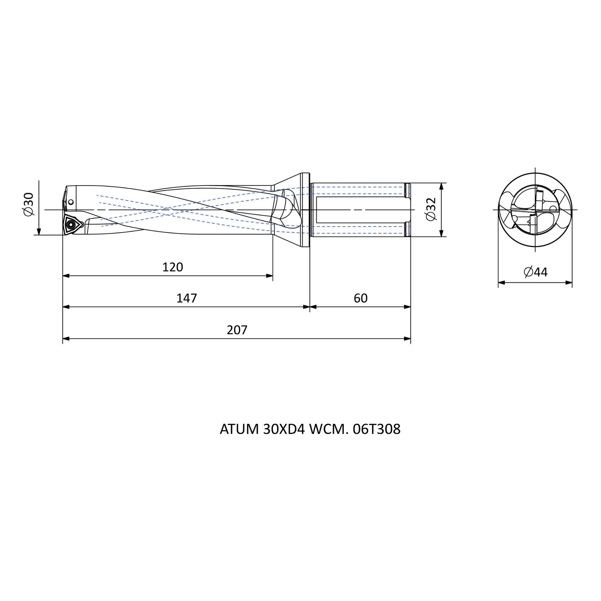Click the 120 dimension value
click(x=173, y=267)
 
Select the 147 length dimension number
click(x=187, y=298)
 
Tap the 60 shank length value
click(x=361, y=298)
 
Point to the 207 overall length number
click(x=237, y=330)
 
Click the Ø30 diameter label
click(x=29, y=204)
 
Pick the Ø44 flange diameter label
click(x=536, y=272)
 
